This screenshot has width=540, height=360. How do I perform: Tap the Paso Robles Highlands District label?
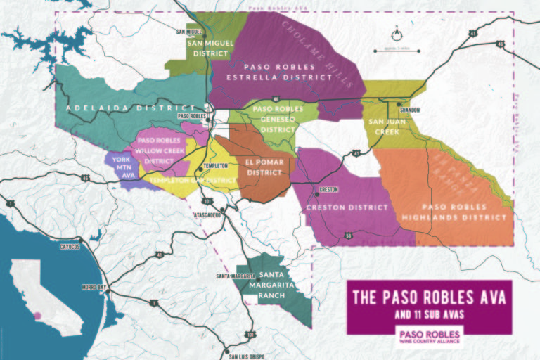pos(453,212)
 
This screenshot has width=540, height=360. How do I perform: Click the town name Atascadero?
pos(209,214)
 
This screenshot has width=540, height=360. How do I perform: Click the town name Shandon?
pos(409,110)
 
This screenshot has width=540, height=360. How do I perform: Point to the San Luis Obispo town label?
pos(249,356)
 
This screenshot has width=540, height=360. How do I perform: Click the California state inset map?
pos(47,297)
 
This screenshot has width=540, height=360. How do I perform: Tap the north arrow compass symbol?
pos(397,32)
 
